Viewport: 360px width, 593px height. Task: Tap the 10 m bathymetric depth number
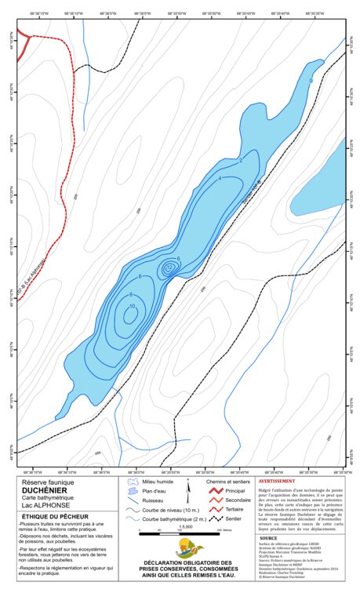coord(133,306)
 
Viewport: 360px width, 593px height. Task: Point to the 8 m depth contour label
coord(131,294)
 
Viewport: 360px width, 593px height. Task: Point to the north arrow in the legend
coord(187,493)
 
